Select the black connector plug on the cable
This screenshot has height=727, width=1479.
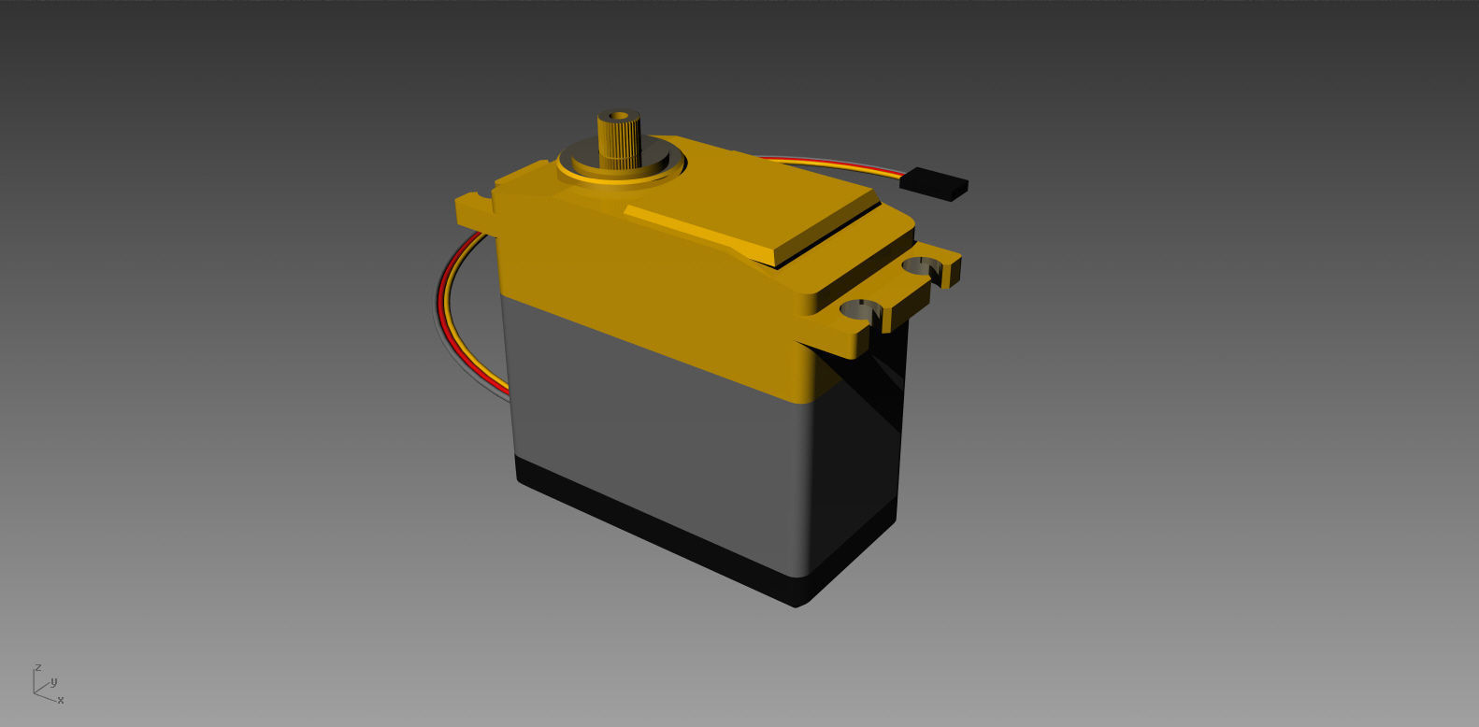(x=933, y=182)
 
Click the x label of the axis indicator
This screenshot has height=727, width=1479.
(x=61, y=700)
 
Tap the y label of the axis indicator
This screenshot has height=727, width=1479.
(x=54, y=681)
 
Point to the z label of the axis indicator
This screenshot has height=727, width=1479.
(x=37, y=668)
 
